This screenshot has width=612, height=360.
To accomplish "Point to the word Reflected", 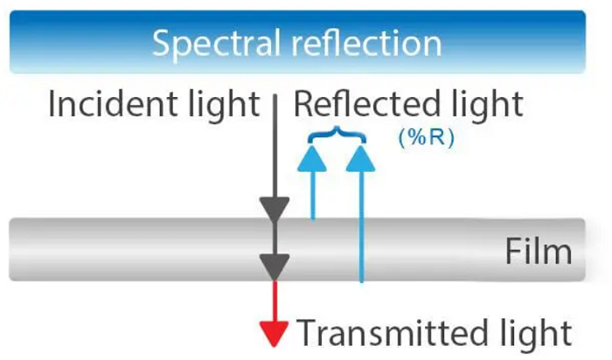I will (366, 105).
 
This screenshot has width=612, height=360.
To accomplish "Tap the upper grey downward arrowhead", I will (276, 208).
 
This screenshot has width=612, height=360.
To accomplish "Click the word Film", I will (539, 252).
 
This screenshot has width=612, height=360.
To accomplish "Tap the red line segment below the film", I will (276, 301).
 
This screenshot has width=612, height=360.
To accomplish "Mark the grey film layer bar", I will (131, 250).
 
